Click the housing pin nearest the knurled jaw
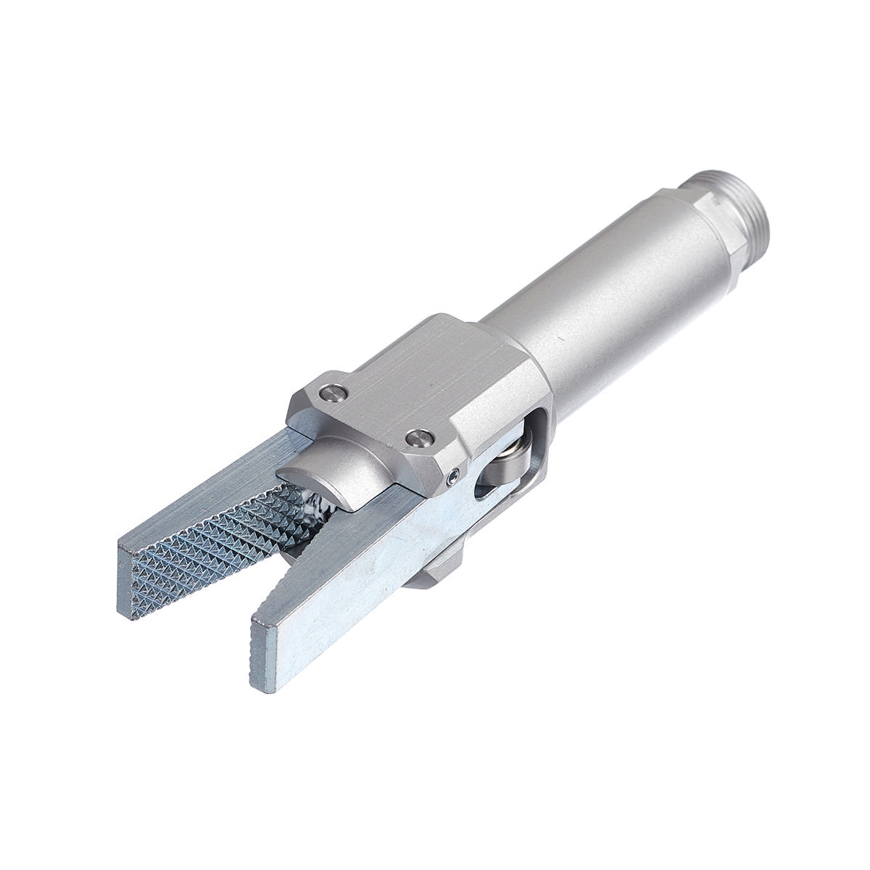coord(333,392)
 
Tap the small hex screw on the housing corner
coord(453,475)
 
